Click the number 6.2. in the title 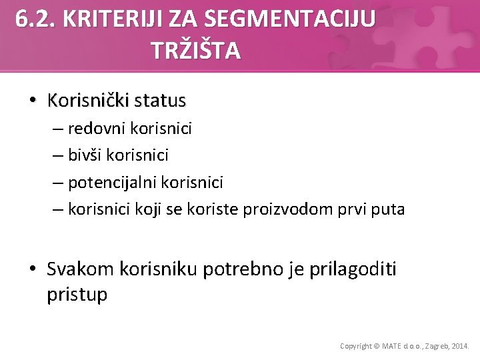click(35, 19)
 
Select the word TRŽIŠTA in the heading click(196, 51)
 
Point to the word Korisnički click(88, 101)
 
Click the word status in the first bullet click(160, 101)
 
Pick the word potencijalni click(116, 182)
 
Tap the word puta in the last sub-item click(387, 209)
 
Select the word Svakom click(81, 269)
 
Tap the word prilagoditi click(353, 269)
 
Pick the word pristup click(77, 295)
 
